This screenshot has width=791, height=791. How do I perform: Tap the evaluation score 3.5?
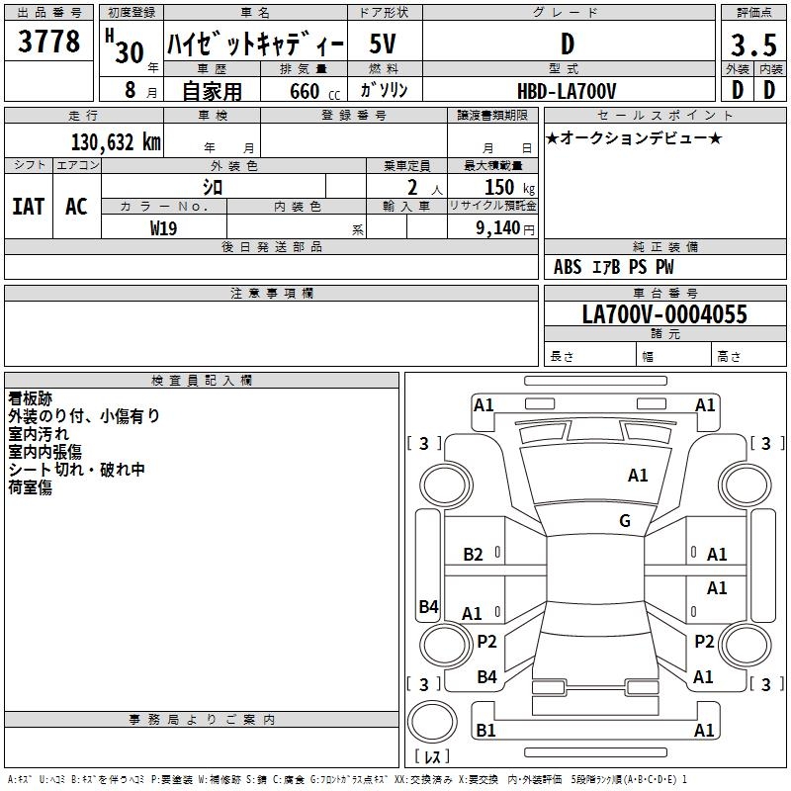click(x=751, y=44)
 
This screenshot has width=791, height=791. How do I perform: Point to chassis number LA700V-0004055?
click(x=664, y=314)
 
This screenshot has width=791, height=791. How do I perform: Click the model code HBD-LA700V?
click(x=567, y=91)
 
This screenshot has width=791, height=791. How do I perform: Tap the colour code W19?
click(x=163, y=227)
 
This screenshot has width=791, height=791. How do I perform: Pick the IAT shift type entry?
click(x=29, y=206)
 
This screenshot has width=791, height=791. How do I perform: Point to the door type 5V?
click(x=385, y=44)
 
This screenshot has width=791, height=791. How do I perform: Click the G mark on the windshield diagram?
click(x=625, y=521)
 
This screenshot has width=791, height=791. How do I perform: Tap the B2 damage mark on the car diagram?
click(x=474, y=555)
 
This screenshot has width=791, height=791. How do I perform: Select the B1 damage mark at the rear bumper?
click(x=485, y=731)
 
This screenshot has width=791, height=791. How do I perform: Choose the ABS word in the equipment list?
click(x=568, y=266)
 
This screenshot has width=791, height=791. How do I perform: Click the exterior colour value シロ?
click(x=213, y=187)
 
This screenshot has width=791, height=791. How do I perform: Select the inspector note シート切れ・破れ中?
click(x=77, y=470)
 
